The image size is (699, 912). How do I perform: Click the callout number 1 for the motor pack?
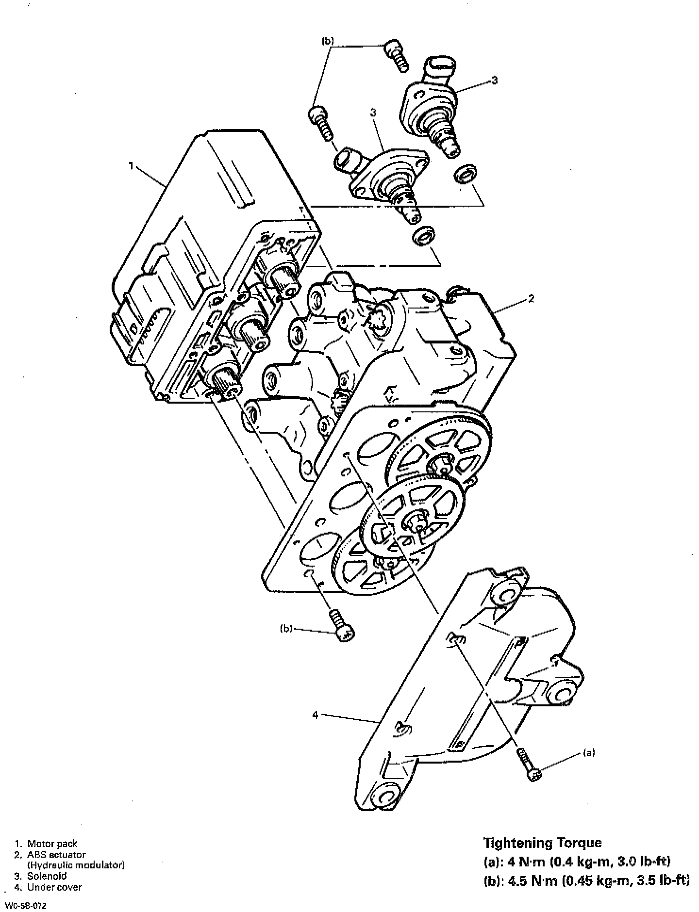(x=131, y=166)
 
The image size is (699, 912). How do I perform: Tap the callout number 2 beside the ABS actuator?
(x=531, y=298)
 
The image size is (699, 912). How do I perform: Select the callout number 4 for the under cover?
(x=315, y=715)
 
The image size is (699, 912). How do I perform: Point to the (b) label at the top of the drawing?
(x=328, y=42)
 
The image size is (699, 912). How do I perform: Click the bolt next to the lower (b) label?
(x=342, y=626)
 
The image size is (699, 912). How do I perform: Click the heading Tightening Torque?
(x=542, y=842)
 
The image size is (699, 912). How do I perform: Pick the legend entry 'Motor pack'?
(x=52, y=844)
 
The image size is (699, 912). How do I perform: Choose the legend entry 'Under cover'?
(x=54, y=887)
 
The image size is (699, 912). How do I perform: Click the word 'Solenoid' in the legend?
(x=47, y=876)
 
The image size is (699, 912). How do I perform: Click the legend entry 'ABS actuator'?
(x=56, y=854)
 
